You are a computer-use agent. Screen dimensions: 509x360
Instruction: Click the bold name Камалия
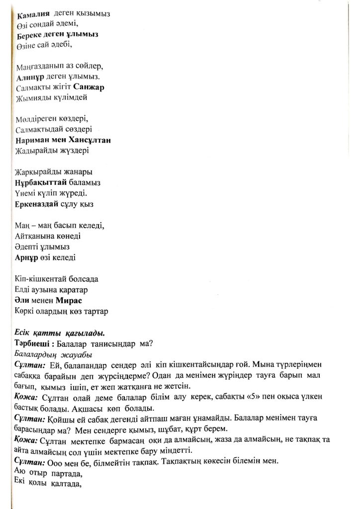(x=32, y=14)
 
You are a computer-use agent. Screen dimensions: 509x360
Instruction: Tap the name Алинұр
(x=32, y=77)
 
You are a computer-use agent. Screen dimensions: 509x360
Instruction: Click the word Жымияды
(x=33, y=98)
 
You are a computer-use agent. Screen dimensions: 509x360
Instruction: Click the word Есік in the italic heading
(x=25, y=333)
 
